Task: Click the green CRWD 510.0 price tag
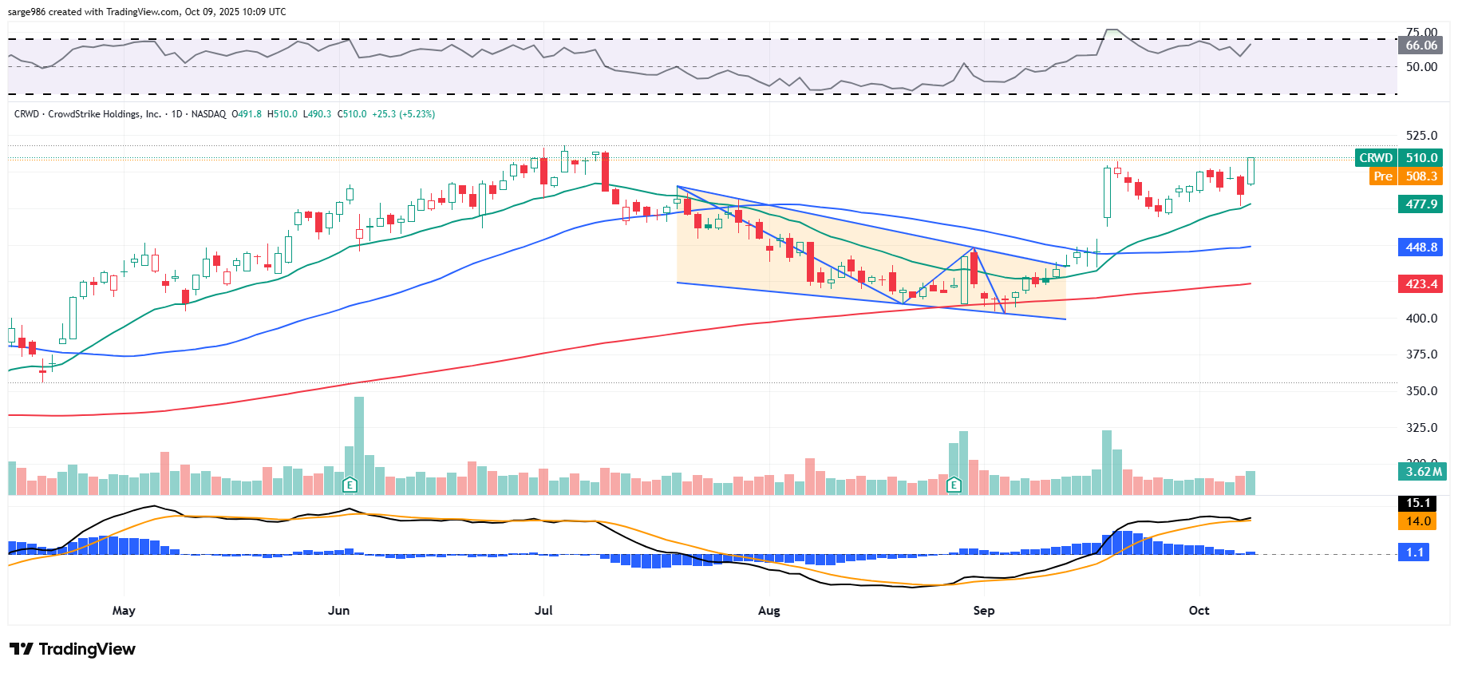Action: point(1399,158)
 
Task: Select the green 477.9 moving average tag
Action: point(1421,204)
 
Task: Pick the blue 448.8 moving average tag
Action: point(1421,247)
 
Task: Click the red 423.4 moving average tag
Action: point(1421,284)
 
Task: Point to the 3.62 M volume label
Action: point(1424,472)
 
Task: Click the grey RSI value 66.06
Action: point(1421,46)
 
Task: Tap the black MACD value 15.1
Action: point(1418,503)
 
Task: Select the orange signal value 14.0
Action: point(1418,521)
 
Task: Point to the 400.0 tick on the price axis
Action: point(1421,319)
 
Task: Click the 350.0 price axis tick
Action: point(1421,391)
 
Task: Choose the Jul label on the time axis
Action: point(543,611)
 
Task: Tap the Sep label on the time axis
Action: point(984,611)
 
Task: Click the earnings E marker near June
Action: point(350,485)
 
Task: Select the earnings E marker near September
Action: point(954,485)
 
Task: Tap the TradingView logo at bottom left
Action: point(73,649)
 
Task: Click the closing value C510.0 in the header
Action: point(352,114)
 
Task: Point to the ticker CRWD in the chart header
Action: point(26,114)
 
